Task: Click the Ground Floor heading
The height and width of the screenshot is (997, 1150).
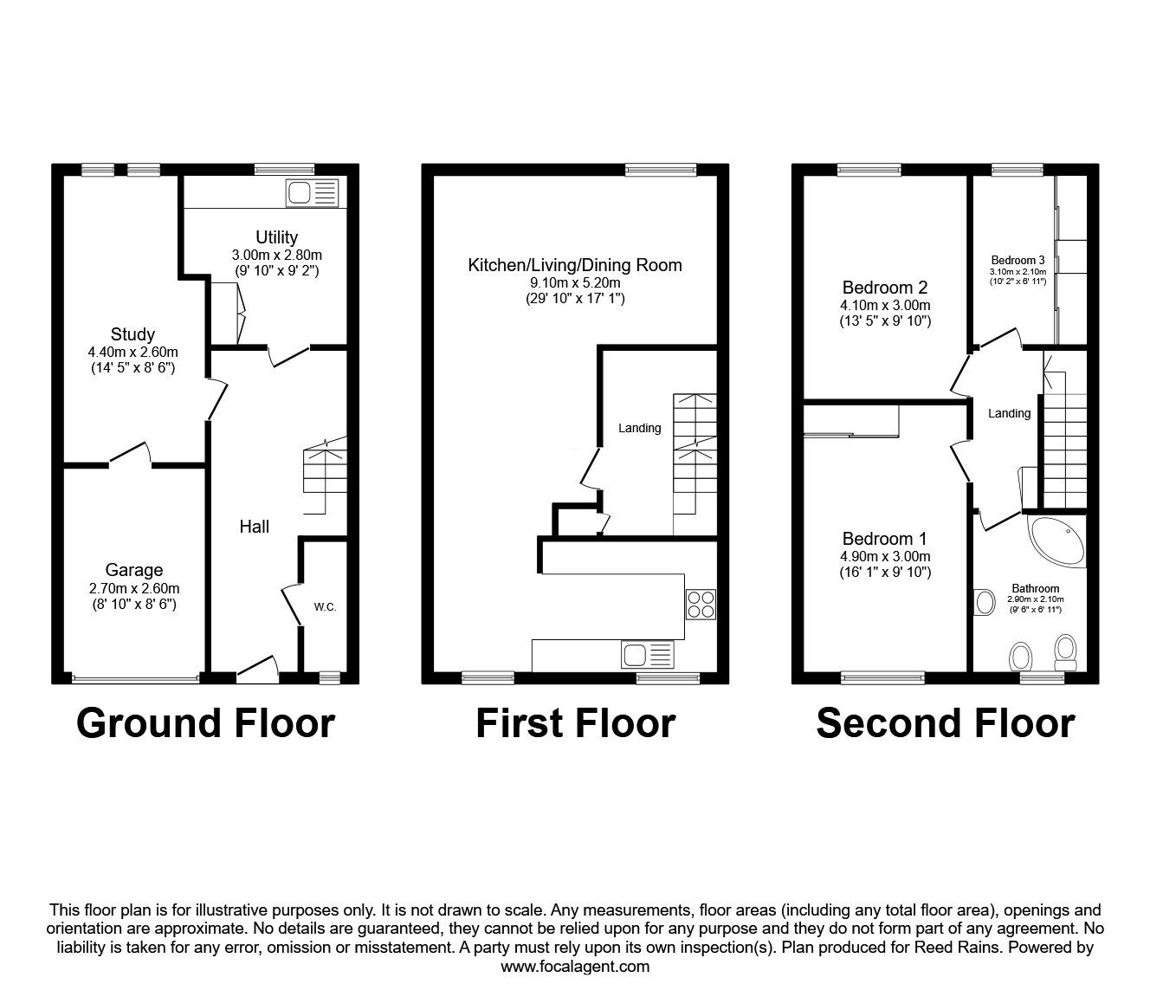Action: click(x=205, y=723)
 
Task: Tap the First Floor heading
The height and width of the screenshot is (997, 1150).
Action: click(x=575, y=723)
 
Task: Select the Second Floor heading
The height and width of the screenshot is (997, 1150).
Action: click(x=945, y=723)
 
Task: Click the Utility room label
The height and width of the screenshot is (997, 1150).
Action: click(x=276, y=237)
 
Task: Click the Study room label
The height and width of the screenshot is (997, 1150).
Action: click(x=132, y=334)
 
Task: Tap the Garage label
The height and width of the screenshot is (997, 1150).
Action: click(x=134, y=570)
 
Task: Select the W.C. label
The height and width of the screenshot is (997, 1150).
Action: click(x=325, y=607)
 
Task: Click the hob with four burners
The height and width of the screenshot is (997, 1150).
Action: click(x=701, y=604)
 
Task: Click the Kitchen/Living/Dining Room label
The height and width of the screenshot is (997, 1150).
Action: click(x=575, y=265)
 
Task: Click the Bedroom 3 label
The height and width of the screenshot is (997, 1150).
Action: click(x=1018, y=260)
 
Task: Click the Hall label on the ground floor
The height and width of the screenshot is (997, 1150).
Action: click(x=255, y=527)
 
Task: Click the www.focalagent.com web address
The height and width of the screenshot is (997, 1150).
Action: click(x=575, y=967)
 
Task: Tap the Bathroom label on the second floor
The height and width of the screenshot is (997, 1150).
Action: click(x=1035, y=588)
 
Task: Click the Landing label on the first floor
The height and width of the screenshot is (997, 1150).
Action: click(x=639, y=428)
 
